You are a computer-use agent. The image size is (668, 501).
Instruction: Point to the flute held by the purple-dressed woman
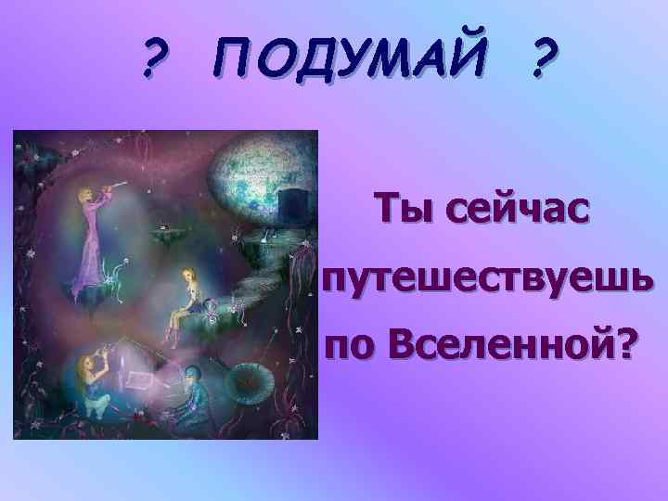click(x=111, y=189)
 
